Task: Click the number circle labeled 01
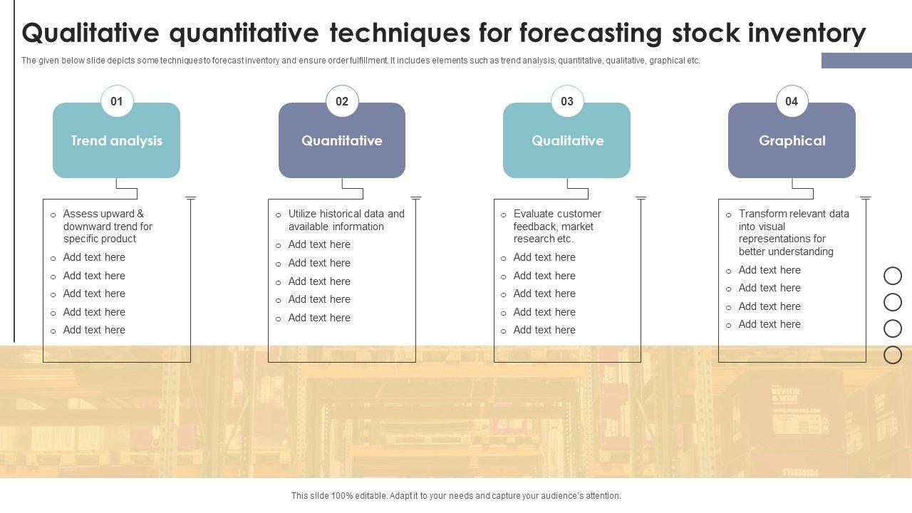(117, 101)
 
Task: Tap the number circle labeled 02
(342, 101)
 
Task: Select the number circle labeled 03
(567, 101)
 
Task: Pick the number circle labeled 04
(792, 101)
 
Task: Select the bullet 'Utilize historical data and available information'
(346, 220)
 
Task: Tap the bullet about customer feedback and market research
(557, 226)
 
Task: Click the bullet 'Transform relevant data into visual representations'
(794, 232)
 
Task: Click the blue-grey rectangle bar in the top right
(866, 61)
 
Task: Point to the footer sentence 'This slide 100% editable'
(456, 496)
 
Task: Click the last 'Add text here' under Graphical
(769, 324)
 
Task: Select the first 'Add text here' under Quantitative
(319, 244)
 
